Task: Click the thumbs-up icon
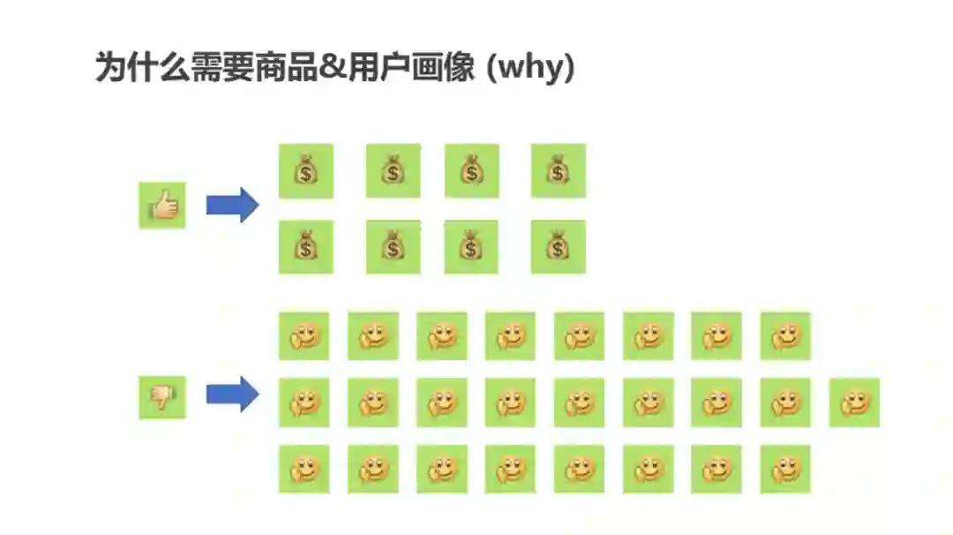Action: click(162, 206)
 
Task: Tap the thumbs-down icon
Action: click(162, 396)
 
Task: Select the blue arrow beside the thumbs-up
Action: click(232, 206)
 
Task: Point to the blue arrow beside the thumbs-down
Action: click(232, 394)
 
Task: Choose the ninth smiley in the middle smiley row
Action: click(854, 403)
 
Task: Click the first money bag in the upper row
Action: click(305, 170)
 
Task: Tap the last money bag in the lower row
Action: click(558, 247)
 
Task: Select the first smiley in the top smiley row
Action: click(304, 335)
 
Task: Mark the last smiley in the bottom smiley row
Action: click(784, 469)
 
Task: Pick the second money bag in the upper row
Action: click(393, 170)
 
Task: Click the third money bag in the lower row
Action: click(471, 247)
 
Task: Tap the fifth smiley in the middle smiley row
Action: click(579, 403)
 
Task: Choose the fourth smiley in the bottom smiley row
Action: click(510, 469)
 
